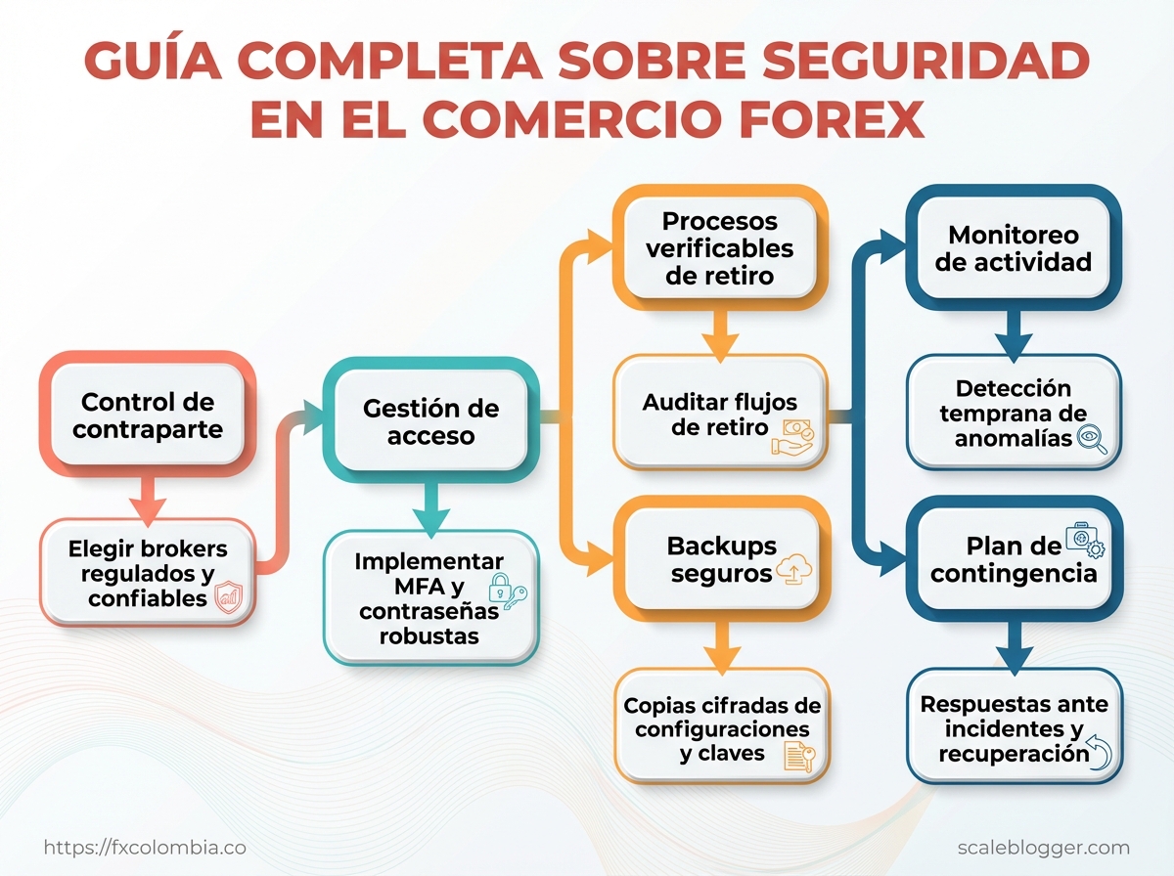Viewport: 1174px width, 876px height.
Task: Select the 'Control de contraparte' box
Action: tap(148, 416)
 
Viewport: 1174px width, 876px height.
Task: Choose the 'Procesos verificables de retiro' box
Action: tap(719, 248)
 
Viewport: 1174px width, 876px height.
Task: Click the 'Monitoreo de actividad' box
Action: tap(1014, 248)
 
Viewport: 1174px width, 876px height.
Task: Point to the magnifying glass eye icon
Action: tap(1091, 440)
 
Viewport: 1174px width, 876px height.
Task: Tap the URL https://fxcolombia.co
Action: tap(145, 848)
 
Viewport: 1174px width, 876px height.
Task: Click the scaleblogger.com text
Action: tap(1043, 848)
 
